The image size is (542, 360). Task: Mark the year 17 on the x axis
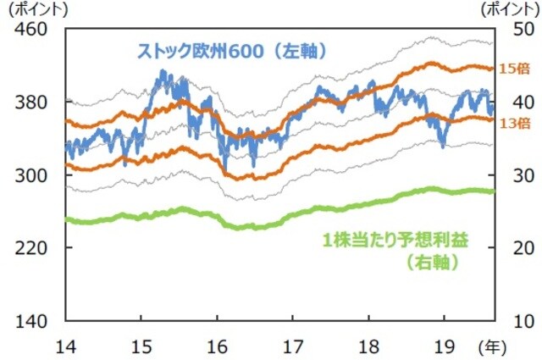(292, 346)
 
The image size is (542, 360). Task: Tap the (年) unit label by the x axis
(490, 346)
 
